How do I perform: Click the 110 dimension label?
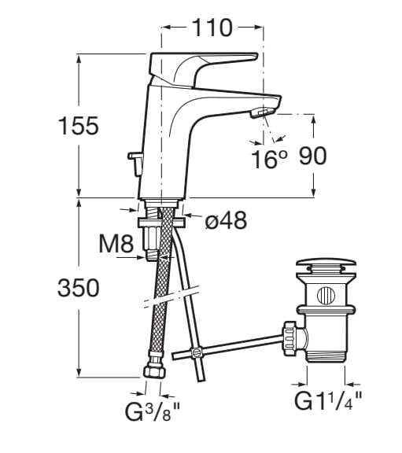pos(212,28)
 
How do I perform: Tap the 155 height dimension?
pos(79,126)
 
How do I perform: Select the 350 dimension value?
pos(79,288)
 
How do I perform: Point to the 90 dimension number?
pos(312,156)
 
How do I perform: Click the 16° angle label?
pos(269,159)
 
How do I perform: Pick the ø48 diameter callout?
pos(226,220)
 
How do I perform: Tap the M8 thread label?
pos(116,244)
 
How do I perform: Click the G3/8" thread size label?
pos(153,411)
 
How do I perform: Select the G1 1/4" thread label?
pos(328,400)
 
